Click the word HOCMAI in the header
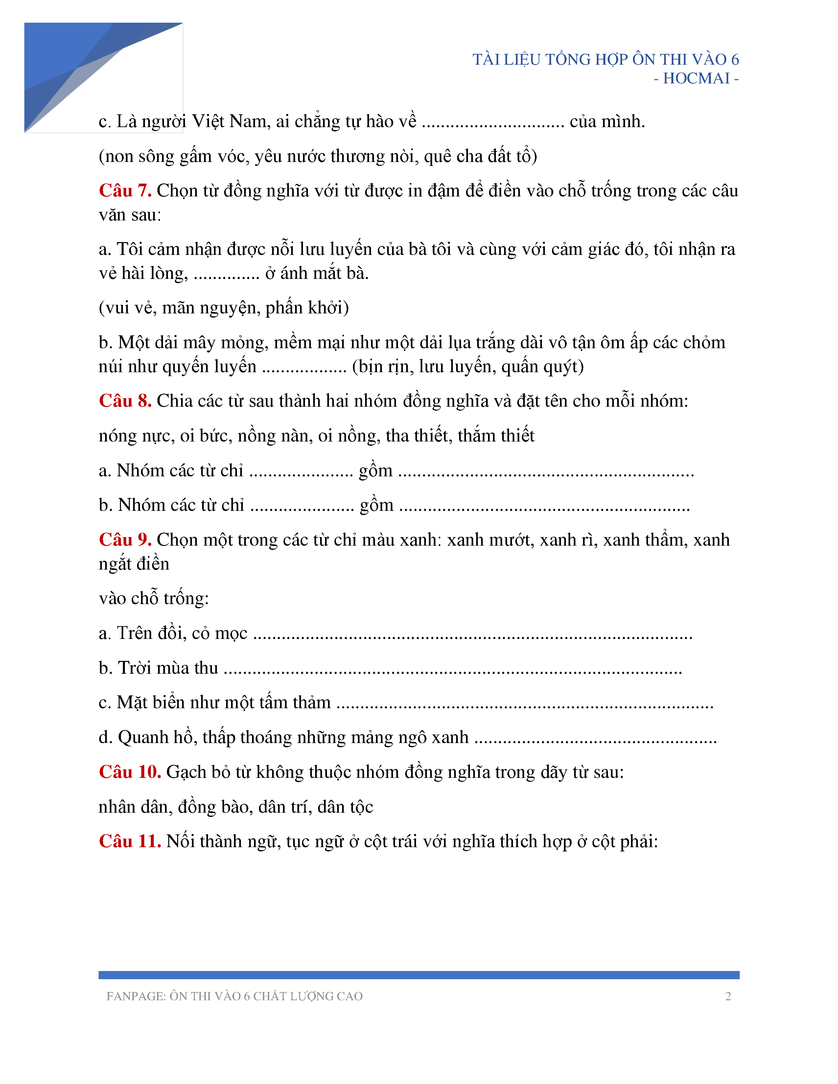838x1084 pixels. [696, 79]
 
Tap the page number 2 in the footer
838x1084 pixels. [728, 996]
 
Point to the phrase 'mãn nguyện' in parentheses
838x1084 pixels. [208, 308]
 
